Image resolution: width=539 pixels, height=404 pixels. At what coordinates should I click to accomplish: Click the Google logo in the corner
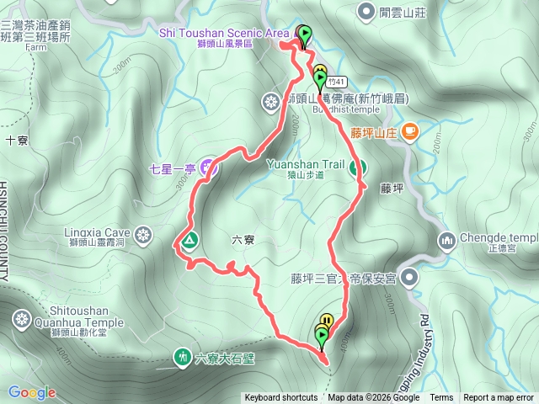[x=32, y=392]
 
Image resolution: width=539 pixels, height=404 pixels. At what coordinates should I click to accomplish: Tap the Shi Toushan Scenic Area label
[x=223, y=32]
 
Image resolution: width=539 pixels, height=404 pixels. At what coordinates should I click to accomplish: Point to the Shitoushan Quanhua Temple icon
[x=20, y=319]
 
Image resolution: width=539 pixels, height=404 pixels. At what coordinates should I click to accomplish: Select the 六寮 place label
[x=242, y=240]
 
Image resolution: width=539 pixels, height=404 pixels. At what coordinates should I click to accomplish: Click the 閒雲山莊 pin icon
[x=367, y=12]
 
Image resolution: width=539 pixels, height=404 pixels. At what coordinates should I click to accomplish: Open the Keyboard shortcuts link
[x=281, y=398]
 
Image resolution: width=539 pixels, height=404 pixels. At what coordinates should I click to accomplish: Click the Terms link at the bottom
[x=441, y=398]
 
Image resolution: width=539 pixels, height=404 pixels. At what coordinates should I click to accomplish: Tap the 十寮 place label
[x=16, y=141]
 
